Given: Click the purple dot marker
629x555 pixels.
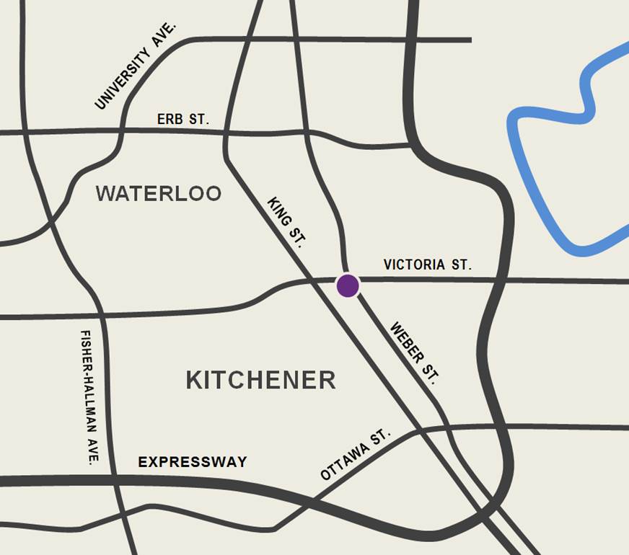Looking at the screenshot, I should coord(348,285).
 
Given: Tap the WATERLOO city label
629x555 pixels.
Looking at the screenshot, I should coord(159,194).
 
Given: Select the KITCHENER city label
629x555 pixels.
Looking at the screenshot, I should coord(261,380).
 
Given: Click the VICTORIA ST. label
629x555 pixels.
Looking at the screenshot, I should coord(428,265).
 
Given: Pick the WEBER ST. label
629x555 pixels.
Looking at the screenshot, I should coord(413,352).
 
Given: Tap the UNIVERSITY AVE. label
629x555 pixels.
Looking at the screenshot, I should coord(136,66).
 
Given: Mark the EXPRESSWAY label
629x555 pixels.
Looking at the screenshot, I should coord(193,462).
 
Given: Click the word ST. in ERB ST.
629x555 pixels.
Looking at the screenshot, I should coord(198,120).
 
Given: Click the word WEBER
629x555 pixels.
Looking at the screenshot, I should coord(405,342).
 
